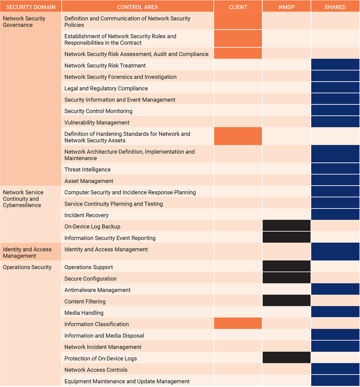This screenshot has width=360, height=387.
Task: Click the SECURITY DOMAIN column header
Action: pyautogui.click(x=31, y=7)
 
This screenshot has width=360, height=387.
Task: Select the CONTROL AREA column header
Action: pyautogui.click(x=138, y=7)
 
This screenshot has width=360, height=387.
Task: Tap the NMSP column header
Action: pyautogui.click(x=286, y=7)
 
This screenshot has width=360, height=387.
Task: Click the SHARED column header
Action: pyautogui.click(x=335, y=7)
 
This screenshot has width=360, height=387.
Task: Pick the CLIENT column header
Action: pyautogui.click(x=238, y=7)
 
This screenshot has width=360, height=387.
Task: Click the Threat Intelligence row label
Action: pyautogui.click(x=88, y=170)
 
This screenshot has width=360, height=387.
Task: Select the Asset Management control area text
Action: pyautogui.click(x=89, y=181)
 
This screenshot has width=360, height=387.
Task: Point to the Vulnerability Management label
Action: pyautogui.click(x=97, y=122)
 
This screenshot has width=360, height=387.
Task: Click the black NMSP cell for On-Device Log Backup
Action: pyautogui.click(x=286, y=226)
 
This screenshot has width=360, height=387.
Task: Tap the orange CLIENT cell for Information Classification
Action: pyautogui.click(x=238, y=323)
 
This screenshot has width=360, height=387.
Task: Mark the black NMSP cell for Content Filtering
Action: pyautogui.click(x=286, y=301)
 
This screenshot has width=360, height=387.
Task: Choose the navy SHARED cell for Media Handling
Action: pyautogui.click(x=335, y=312)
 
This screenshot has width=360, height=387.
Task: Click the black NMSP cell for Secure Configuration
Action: pyautogui.click(x=286, y=278)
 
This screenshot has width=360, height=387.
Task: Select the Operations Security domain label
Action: pyautogui.click(x=27, y=267)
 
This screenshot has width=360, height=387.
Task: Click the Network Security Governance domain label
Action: pyautogui.click(x=24, y=22)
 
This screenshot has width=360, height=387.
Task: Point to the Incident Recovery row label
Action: pyautogui.click(x=86, y=215)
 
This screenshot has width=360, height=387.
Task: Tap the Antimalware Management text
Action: pyautogui.click(x=98, y=290)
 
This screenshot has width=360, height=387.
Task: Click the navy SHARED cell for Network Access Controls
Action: pyautogui.click(x=335, y=369)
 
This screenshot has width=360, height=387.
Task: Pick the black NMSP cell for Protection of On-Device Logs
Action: pyautogui.click(x=286, y=358)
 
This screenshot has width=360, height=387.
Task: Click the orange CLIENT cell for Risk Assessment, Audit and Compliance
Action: pyautogui.click(x=238, y=53)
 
